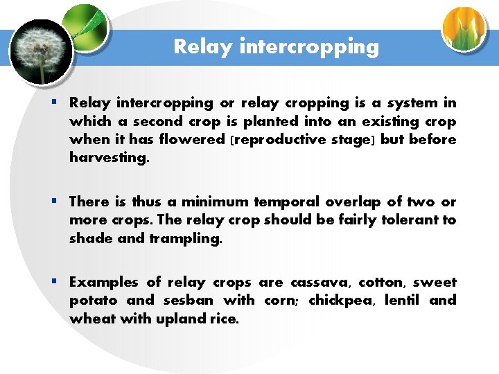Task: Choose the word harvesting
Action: [x=108, y=158]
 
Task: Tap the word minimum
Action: [x=216, y=202]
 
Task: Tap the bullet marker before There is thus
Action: [x=54, y=202]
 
